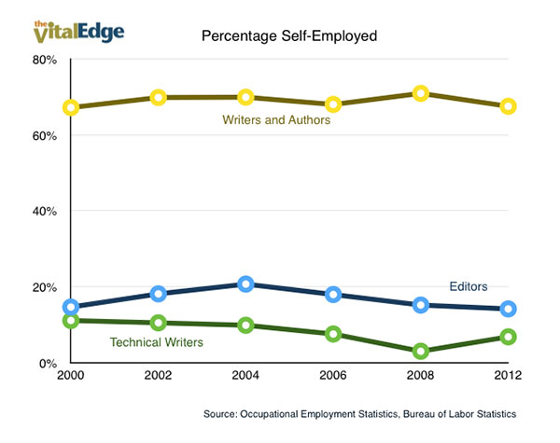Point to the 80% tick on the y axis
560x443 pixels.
tap(45, 60)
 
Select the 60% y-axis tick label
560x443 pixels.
tap(45, 135)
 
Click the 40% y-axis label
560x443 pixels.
tap(45, 212)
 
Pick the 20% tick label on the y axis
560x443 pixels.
tap(45, 287)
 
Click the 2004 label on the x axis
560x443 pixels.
tap(245, 380)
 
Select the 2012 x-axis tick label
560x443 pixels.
tap(508, 380)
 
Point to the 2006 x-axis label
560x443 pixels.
tap(333, 380)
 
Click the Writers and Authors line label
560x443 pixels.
tap(276, 119)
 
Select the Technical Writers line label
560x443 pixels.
tap(157, 342)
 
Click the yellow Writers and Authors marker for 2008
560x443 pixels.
tap(421, 93)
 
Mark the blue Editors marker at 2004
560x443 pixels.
tap(245, 284)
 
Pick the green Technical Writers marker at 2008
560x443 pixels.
tap(421, 351)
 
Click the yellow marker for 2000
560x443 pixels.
tap(71, 107)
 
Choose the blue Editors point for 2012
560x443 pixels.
tap(508, 309)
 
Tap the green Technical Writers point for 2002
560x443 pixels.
tap(159, 323)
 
